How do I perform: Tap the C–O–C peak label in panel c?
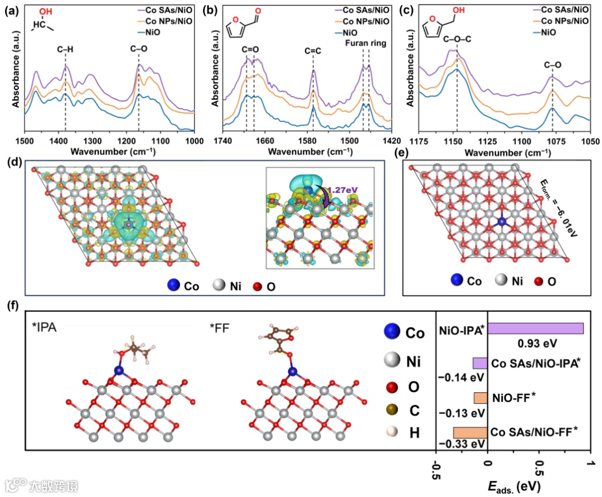[457, 39]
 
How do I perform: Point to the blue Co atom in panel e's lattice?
[502, 221]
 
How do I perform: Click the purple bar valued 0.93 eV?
[535, 328]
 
